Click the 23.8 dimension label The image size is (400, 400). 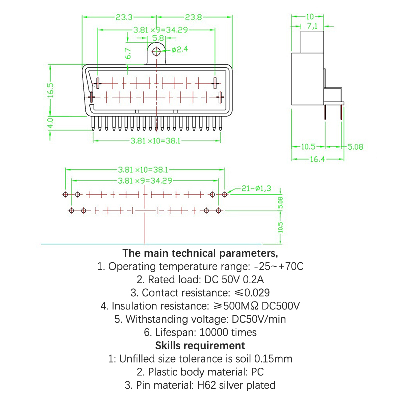(193, 17)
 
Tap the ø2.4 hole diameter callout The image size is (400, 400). (178, 50)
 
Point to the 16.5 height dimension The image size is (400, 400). (51, 90)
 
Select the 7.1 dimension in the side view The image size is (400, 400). (313, 25)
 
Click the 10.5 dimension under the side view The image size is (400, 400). (308, 147)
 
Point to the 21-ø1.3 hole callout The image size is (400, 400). (256, 188)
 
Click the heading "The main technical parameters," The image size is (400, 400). (200, 252)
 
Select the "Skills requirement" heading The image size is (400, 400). (200, 345)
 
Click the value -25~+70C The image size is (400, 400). (278, 266)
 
